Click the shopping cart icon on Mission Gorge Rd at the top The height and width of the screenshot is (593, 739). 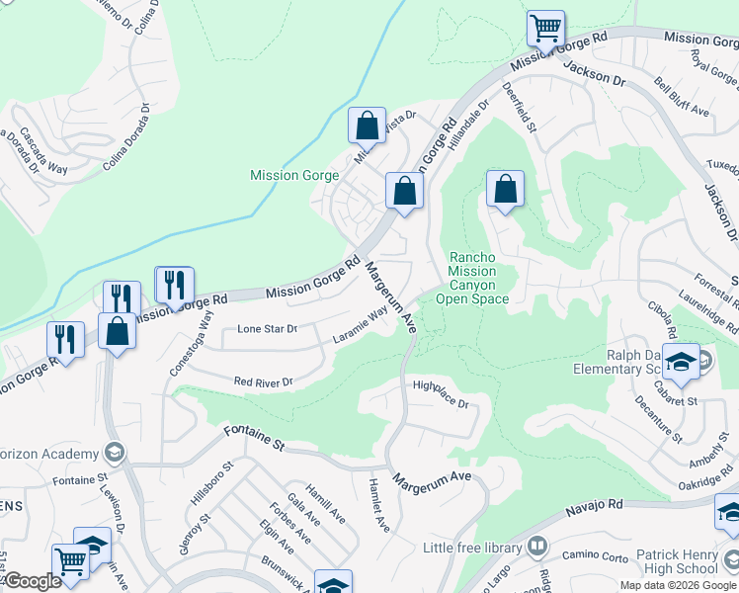pos(544,29)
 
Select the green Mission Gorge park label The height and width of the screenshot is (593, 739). pos(294,176)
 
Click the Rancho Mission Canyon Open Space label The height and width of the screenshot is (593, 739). pos(478,278)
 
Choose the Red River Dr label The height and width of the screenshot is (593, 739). pos(263,381)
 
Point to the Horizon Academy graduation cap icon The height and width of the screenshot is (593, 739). pos(115,454)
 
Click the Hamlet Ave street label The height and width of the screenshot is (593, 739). pos(379,506)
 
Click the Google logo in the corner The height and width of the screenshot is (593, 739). pos(32,582)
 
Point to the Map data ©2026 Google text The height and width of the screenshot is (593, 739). pos(677,585)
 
